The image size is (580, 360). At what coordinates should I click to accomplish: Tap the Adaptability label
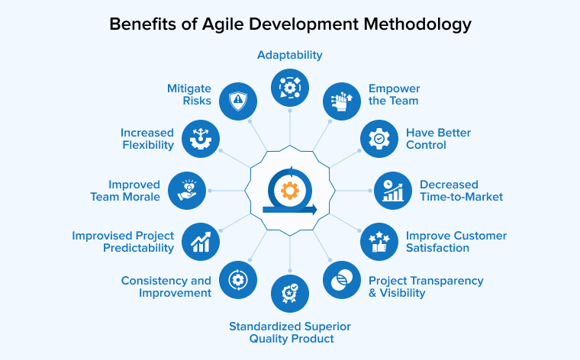point(289,55)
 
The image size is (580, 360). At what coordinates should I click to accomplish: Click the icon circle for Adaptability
point(290,88)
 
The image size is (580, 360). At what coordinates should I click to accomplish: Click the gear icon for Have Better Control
point(379,139)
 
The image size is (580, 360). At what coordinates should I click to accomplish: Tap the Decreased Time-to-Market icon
point(392,191)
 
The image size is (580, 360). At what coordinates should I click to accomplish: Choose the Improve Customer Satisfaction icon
point(379,242)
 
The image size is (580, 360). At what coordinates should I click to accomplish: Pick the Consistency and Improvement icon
point(237,280)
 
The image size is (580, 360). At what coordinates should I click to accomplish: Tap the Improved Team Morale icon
point(187,191)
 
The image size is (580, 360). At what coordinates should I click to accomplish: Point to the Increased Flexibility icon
point(201,139)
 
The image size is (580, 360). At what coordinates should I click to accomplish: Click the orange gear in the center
point(289,190)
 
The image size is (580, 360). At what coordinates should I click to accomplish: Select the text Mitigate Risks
point(189,95)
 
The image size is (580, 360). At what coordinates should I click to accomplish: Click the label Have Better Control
point(438,139)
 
